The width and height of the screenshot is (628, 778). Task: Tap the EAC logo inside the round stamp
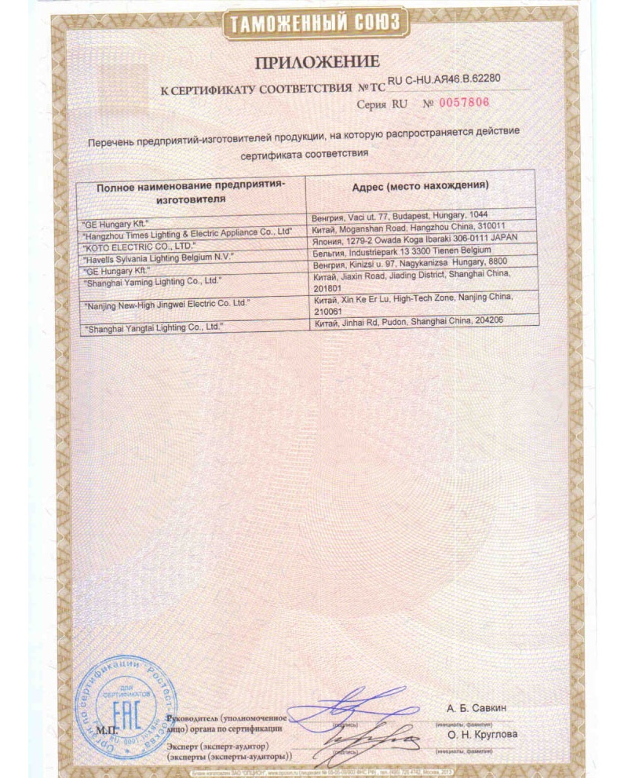click(122, 722)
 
